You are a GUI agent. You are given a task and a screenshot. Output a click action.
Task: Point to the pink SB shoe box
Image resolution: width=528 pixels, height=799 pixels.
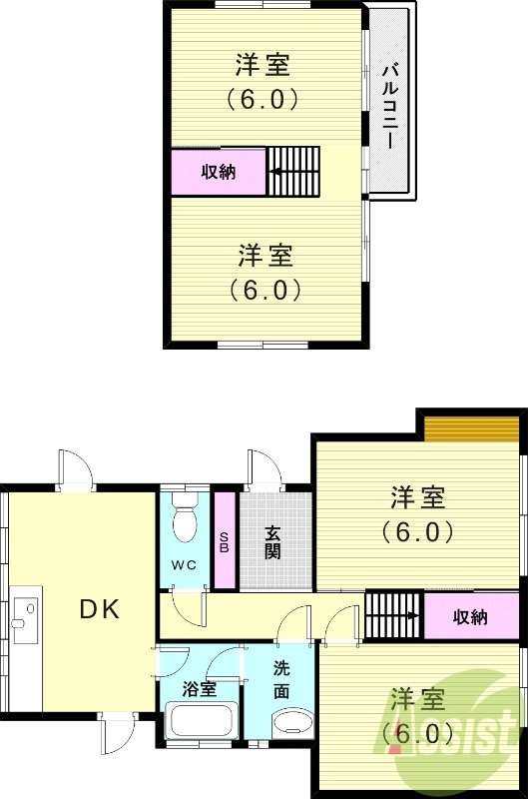coord(225,540)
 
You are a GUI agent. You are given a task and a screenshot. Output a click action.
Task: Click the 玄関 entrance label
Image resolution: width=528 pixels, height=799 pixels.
coord(272,541)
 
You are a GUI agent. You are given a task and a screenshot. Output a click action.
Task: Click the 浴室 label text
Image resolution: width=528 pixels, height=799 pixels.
coord(199,689)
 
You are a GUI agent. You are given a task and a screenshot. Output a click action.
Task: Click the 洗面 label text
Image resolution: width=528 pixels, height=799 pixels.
coord(282,677)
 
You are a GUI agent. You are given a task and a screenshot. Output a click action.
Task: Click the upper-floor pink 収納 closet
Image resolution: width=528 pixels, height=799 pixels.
coord(219,171)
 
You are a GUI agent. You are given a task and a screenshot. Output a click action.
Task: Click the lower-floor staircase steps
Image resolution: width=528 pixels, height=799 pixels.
coord(394,615)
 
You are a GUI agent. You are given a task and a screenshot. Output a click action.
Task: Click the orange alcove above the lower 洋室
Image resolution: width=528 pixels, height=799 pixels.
coord(470,427)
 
